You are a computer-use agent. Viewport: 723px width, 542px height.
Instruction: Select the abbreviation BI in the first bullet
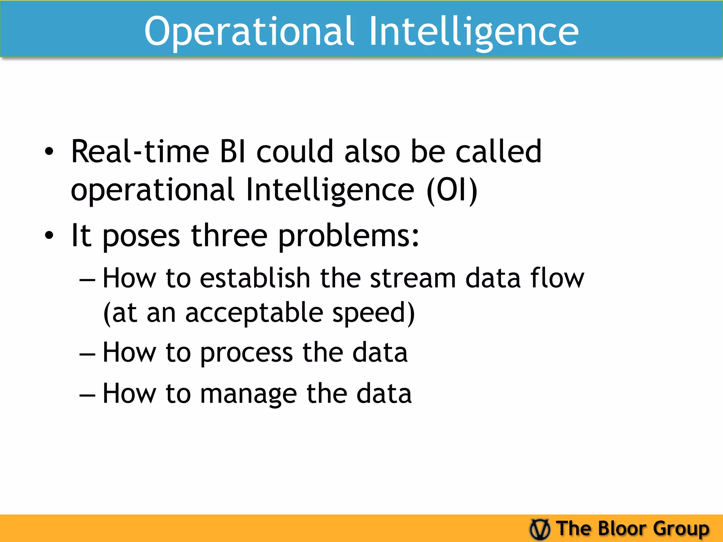pyautogui.click(x=233, y=152)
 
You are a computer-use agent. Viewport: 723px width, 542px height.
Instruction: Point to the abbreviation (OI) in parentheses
pyautogui.click(x=452, y=191)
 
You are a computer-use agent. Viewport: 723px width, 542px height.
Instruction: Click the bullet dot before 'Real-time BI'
pyautogui.click(x=49, y=152)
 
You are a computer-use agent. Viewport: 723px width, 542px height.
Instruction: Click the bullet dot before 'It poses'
pyautogui.click(x=49, y=236)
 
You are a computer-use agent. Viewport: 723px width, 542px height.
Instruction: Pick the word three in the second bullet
pyautogui.click(x=229, y=236)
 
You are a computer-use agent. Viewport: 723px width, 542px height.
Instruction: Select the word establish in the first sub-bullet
pyautogui.click(x=255, y=278)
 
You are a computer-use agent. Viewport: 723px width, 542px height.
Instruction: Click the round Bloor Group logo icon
pyautogui.click(x=540, y=529)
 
